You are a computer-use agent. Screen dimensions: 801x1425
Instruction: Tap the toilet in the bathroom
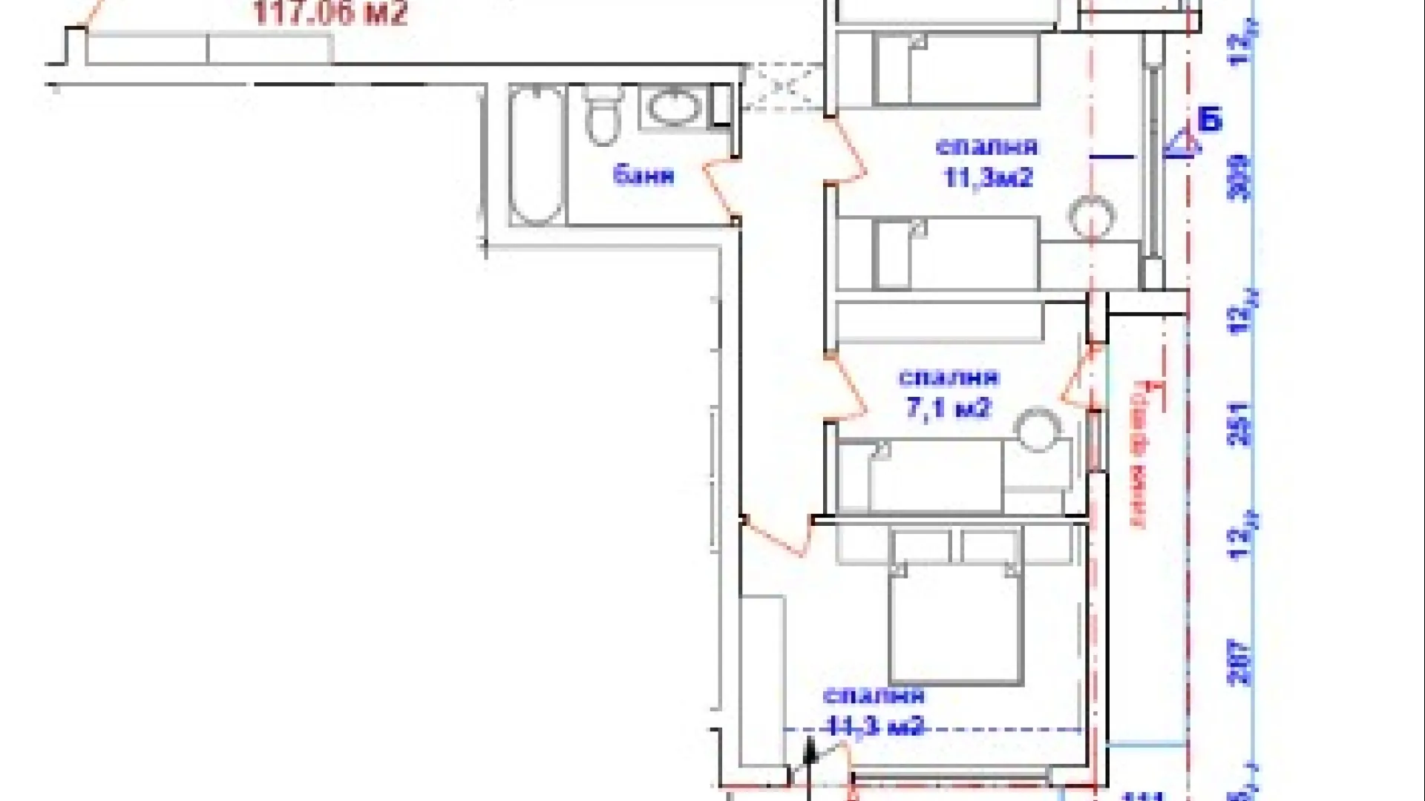[603, 116]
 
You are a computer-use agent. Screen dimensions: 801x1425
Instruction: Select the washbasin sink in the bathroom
[675, 107]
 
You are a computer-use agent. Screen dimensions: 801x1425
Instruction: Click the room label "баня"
[643, 175]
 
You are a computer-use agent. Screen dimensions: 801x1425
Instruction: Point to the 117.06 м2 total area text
[330, 13]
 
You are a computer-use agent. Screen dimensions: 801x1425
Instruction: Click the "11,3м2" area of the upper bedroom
[988, 178]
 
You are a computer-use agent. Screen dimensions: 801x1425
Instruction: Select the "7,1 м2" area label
[949, 407]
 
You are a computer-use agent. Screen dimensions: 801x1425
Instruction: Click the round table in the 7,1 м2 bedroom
[1038, 429]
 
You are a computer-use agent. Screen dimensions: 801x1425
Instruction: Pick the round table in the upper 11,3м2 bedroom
[1092, 217]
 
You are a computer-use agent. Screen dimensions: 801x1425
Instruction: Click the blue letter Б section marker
[1210, 119]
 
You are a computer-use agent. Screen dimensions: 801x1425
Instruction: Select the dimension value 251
[1240, 423]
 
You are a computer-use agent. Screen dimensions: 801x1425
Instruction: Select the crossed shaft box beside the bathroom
[783, 88]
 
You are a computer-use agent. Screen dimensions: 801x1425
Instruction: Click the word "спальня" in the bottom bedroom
[874, 696]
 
